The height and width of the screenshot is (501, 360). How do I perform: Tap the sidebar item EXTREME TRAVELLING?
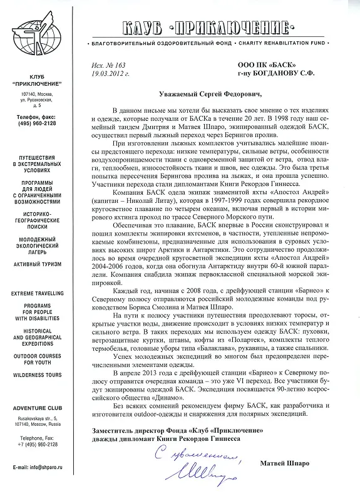[x=37, y=293]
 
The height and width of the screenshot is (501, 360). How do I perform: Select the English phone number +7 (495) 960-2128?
[x=37, y=445]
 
